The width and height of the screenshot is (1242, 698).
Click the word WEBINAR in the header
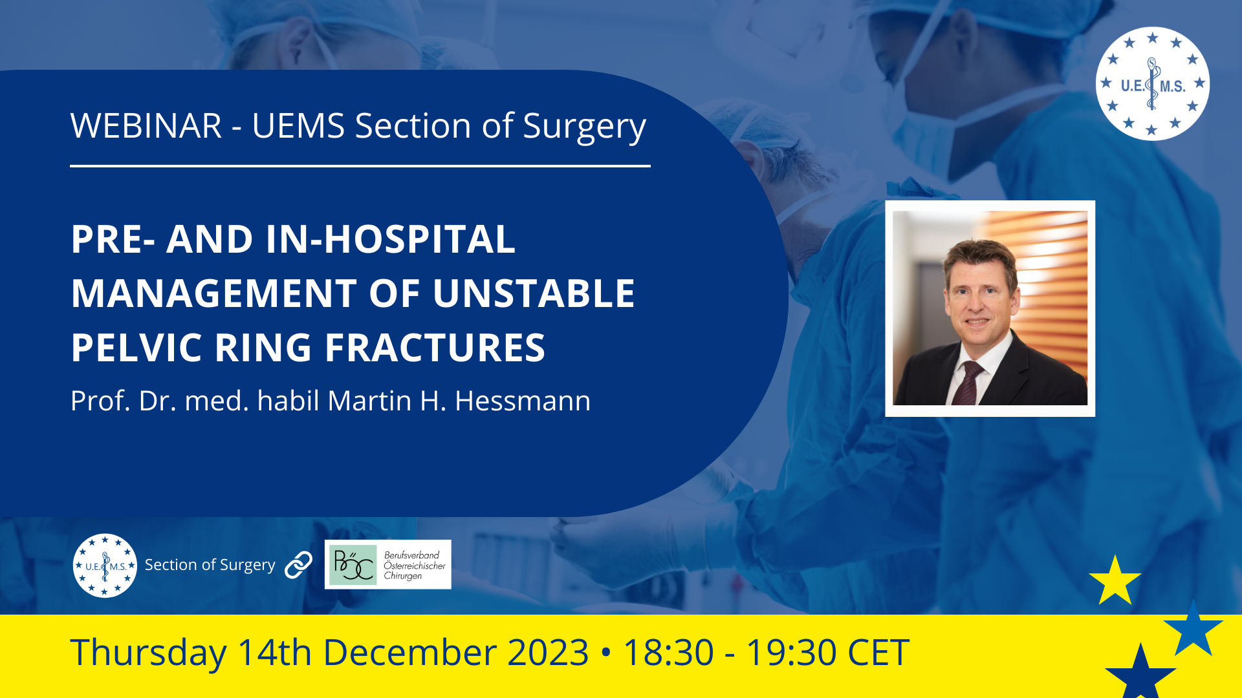tap(146, 125)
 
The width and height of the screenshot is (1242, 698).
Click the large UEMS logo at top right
tap(1153, 84)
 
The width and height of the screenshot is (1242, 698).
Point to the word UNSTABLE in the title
tap(534, 293)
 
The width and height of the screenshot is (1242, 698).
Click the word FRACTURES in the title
tap(435, 348)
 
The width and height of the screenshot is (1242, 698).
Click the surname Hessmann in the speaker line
tap(523, 401)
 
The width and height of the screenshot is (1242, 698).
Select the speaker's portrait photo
tap(990, 308)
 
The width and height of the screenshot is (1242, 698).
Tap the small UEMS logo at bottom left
tap(105, 566)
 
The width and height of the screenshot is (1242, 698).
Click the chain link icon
tap(299, 565)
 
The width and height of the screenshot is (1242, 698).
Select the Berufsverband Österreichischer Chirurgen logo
tap(387, 564)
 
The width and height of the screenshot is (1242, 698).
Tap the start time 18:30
tap(668, 653)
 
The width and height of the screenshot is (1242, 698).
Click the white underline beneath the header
tap(360, 166)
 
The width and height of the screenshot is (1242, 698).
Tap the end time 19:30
tap(792, 653)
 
